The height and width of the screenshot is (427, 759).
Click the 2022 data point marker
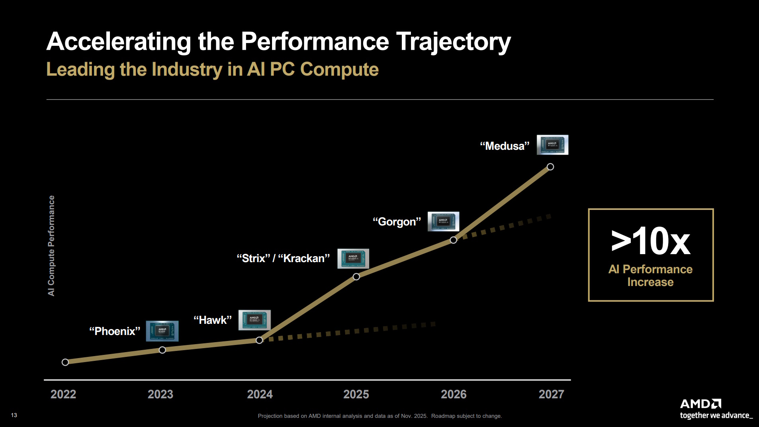65,362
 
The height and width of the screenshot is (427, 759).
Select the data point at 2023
162,350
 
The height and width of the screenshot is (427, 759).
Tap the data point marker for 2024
259,340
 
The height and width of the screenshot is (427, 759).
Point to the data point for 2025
356,276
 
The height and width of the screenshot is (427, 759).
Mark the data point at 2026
453,240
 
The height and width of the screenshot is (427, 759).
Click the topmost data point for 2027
550,167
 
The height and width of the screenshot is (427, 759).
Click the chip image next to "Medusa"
552,145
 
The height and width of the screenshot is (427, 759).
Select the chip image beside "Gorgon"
443,221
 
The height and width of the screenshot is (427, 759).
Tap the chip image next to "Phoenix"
162,331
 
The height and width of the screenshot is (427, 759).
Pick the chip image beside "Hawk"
254,320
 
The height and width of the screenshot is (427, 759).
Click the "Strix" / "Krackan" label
283,259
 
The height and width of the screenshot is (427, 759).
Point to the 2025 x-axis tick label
356,394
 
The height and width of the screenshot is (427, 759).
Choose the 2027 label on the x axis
551,394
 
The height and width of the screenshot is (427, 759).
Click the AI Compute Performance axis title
51,245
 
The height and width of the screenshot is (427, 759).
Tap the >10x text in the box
651,241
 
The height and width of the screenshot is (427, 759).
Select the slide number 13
14,415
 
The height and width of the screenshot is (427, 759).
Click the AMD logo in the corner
700,404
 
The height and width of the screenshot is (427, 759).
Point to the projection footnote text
379,416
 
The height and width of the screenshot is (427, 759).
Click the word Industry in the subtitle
187,70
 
